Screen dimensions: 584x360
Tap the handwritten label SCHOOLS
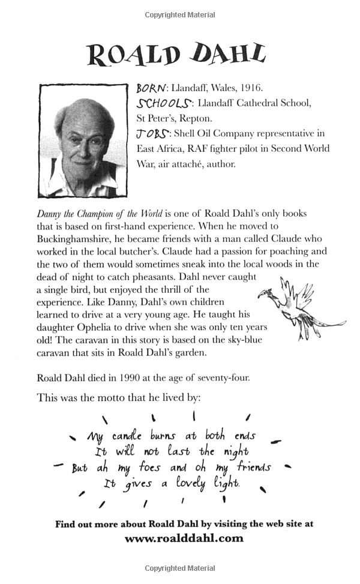[x=157, y=103]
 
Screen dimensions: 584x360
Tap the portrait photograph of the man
[x=82, y=140]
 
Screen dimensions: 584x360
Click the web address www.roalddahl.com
[x=184, y=538]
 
